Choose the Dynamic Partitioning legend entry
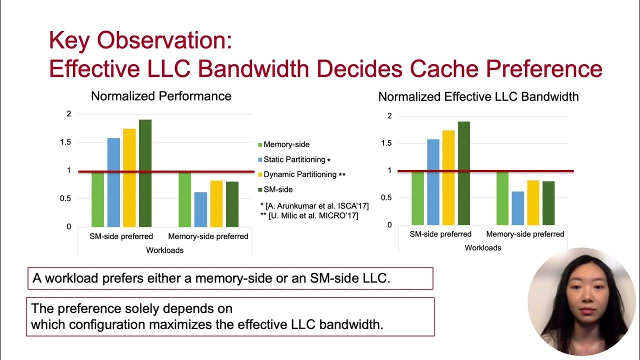click(301, 174)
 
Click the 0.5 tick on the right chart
click(385, 197)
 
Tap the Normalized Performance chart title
click(161, 96)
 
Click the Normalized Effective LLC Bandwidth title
click(478, 97)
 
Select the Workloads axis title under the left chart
click(164, 250)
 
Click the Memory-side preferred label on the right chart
click(525, 234)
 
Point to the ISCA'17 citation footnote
click(314, 206)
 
